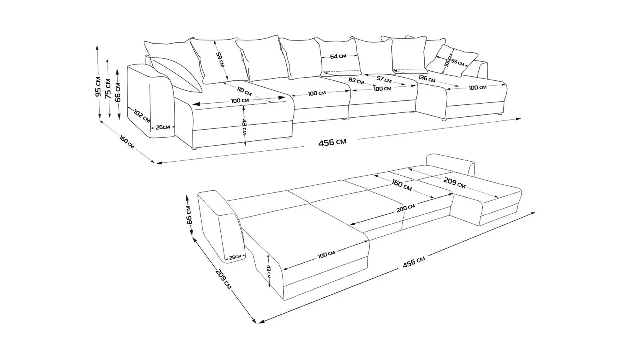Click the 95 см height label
coord(98,86)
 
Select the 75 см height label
coord(108,88)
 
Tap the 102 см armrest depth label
coord(142,116)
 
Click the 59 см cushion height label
coord(220,60)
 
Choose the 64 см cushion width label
coord(338,56)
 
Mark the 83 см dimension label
coord(356,81)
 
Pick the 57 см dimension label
coord(384,80)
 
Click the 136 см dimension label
coord(427,78)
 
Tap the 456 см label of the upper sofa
coord(332,142)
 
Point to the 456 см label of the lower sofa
coord(414,262)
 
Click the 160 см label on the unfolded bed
coord(402,184)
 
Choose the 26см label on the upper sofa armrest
coord(162,127)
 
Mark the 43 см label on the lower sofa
coord(268,271)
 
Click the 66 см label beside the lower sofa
coord(189,214)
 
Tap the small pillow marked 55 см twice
coord(452,60)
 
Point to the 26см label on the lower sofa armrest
coord(235,257)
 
